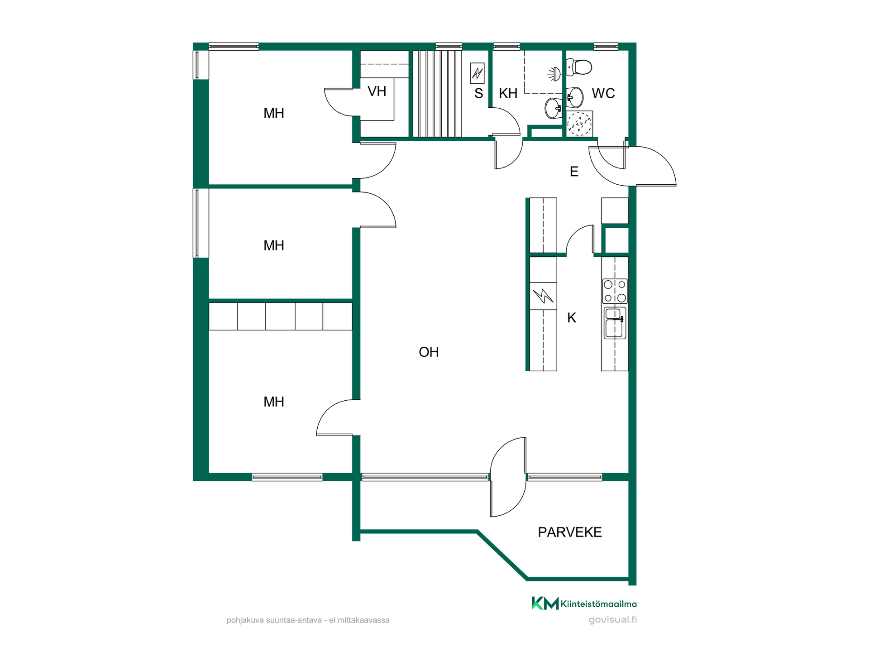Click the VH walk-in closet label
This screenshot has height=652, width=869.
377,91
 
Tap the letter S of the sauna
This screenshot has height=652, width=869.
478,93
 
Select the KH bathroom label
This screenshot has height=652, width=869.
508,93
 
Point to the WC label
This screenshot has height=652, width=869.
603,93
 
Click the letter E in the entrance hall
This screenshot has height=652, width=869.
574,172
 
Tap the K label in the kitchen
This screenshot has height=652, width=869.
572,318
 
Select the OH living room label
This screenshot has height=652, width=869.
429,352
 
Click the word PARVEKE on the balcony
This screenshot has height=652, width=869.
570,532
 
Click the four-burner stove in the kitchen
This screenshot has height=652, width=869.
615,291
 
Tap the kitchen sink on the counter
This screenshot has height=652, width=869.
615,323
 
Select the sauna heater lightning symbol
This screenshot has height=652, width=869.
477,73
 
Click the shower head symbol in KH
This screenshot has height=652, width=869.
554,73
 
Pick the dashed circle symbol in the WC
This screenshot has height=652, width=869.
579,124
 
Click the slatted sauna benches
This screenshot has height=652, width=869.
437,93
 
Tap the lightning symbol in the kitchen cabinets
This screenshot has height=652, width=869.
543,296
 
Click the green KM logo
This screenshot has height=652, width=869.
545,603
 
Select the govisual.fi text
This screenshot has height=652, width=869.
613,619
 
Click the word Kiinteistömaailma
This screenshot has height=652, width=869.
599,604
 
